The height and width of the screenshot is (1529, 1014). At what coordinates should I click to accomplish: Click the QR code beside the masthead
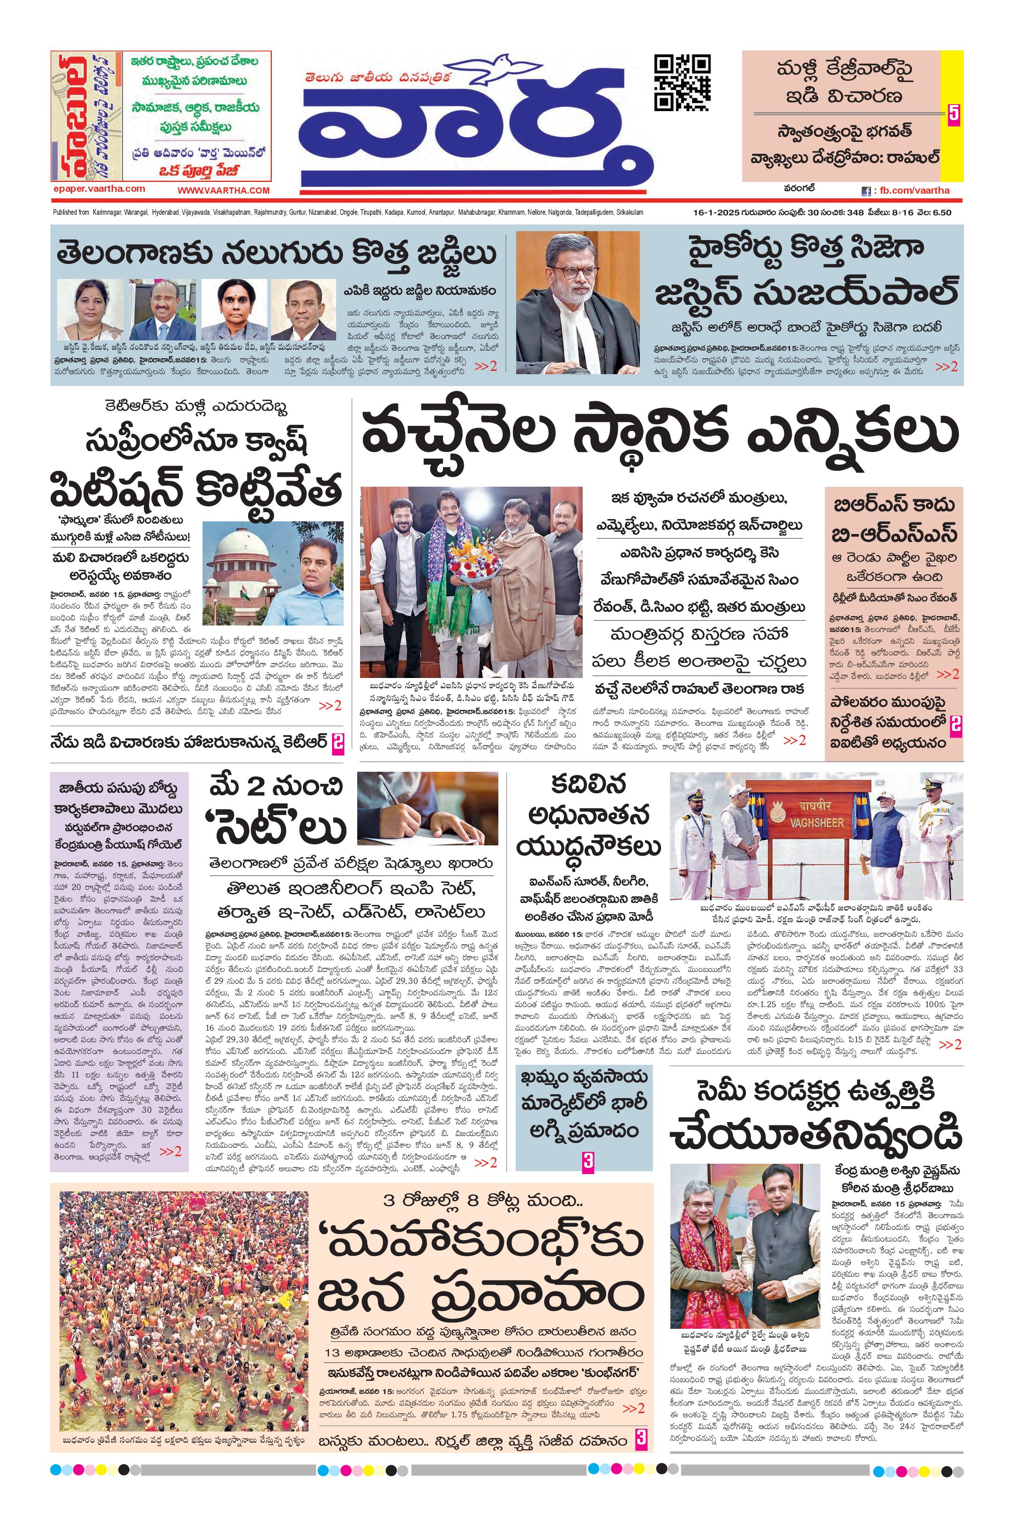(x=682, y=83)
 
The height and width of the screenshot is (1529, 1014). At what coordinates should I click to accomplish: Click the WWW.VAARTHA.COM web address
(x=223, y=190)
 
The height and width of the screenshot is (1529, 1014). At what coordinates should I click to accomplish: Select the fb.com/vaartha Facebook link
(x=910, y=191)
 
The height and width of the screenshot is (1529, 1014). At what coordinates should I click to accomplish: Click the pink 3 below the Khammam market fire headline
(x=588, y=1160)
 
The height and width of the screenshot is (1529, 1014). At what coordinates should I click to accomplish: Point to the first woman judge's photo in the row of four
(x=90, y=309)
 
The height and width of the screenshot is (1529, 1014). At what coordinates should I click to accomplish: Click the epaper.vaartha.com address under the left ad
(x=99, y=189)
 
